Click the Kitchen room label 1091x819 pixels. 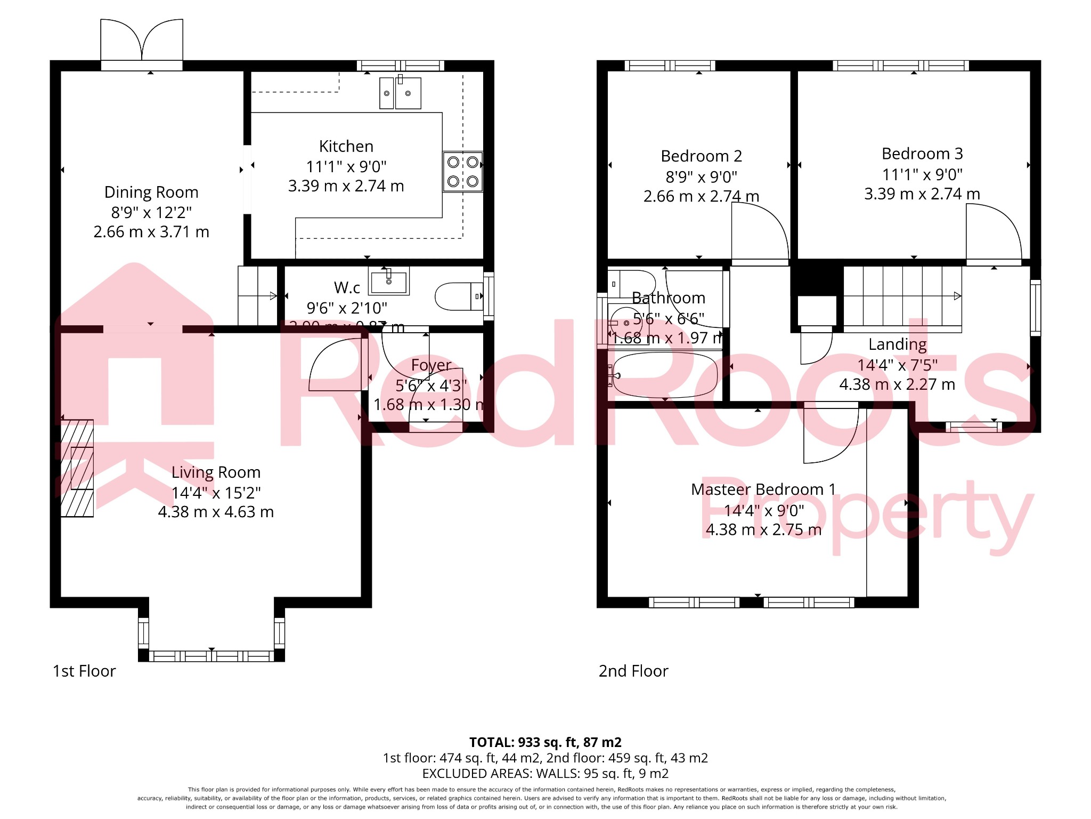346,146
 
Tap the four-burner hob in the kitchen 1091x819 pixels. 462,172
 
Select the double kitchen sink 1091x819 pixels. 400,93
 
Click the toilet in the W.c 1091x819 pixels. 458,296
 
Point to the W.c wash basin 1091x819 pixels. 389,282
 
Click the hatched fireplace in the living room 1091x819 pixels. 77,468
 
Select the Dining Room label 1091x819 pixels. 151,192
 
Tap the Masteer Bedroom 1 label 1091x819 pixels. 763,489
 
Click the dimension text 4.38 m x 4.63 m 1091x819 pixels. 216,512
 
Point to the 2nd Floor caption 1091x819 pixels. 633,671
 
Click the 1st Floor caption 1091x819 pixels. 84,671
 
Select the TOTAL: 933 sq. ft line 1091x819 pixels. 545,742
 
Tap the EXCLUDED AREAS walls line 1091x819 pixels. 545,773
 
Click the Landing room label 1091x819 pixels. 897,344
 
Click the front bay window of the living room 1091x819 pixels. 211,656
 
